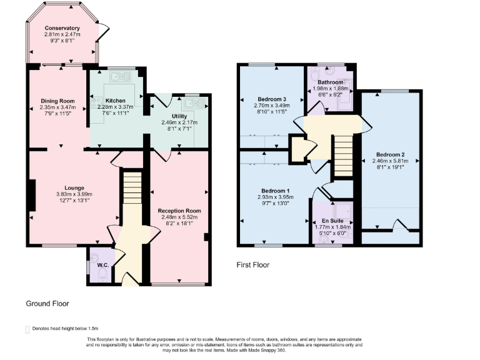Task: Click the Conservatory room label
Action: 62,28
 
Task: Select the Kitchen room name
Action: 115,101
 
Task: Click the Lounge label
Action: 74,187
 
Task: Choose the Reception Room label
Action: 179,211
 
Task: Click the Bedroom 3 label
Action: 272,99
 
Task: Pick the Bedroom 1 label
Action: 275,190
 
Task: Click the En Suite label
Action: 333,221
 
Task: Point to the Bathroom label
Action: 330,82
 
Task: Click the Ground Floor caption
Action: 47,304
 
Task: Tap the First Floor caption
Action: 252,265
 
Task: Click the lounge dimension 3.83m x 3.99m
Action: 74,194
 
